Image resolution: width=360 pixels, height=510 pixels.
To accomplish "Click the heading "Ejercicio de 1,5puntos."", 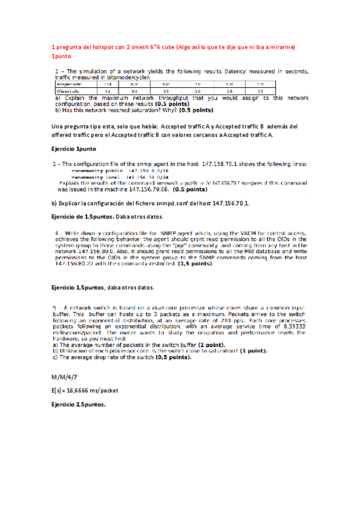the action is (x=85, y=217).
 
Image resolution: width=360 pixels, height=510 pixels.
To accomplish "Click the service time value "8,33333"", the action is (x=290, y=327).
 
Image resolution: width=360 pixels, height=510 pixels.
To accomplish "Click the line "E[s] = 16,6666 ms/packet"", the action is (x=85, y=390).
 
